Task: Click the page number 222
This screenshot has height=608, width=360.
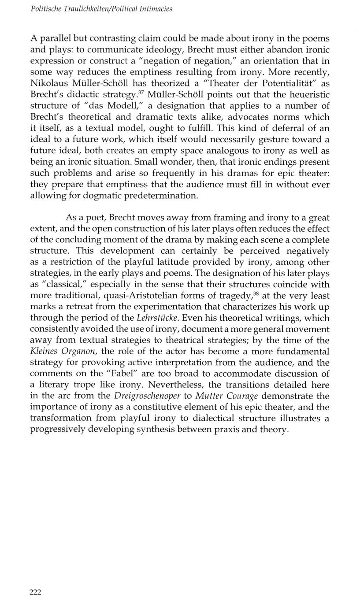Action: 35,592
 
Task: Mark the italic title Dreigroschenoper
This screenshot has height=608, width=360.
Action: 147,396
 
